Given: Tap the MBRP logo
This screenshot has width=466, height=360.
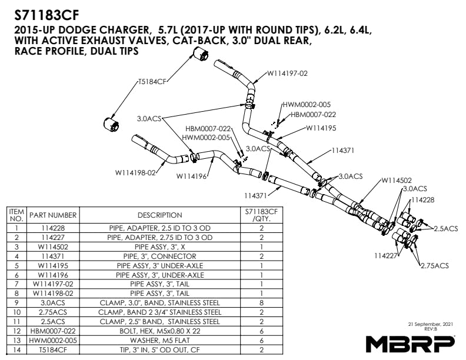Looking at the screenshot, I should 410,343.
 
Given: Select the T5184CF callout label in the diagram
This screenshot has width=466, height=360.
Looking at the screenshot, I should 152,82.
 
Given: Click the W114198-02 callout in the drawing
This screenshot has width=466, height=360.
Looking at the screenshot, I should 135,173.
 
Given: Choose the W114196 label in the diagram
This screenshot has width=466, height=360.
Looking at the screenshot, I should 192,175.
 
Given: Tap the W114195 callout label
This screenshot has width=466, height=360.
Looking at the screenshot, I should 321,128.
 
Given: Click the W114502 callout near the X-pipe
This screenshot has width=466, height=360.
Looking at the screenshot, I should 397,180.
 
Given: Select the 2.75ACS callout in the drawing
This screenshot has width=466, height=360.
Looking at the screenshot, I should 435,266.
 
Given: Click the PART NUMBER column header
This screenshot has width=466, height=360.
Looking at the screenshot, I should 53,215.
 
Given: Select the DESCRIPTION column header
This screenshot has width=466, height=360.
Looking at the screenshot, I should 159,215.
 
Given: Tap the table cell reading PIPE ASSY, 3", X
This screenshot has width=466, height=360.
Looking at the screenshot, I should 159,247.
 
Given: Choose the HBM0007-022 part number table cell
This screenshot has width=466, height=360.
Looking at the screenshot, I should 53,331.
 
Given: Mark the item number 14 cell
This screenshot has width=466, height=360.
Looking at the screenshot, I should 17,350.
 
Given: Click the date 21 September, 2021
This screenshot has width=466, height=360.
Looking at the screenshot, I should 432,324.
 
